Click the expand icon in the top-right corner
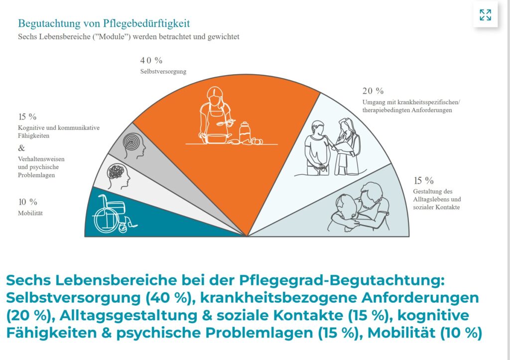(x=485, y=15)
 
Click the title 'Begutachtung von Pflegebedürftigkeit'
(x=104, y=23)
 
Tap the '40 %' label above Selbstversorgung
(x=151, y=60)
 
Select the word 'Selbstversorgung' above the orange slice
(x=163, y=72)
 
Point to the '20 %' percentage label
(x=373, y=91)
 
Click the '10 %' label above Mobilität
(x=28, y=202)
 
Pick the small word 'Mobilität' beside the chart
(x=30, y=214)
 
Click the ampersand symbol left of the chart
(x=21, y=148)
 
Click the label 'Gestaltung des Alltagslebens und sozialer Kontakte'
(x=436, y=199)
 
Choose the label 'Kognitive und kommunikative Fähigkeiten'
(x=58, y=131)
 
